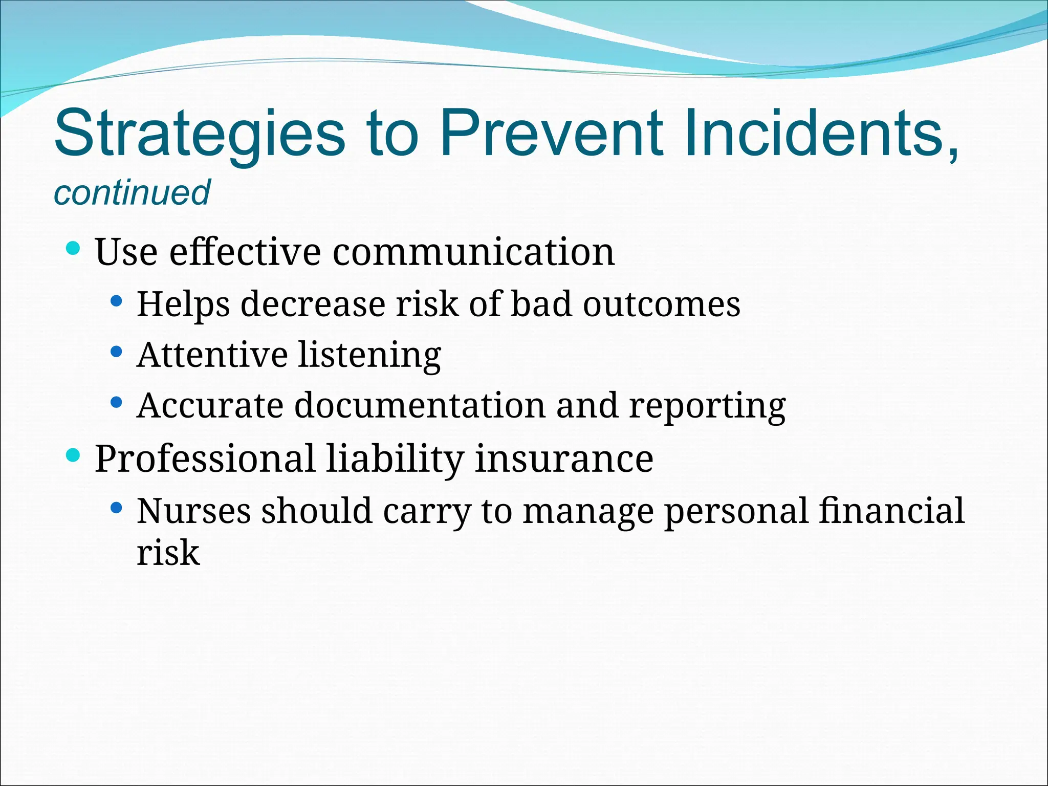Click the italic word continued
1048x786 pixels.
coord(132,193)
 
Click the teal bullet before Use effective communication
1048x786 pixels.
coord(74,249)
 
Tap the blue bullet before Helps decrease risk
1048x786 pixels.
coord(117,301)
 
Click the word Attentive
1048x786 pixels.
coord(212,354)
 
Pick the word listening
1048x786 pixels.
coord(369,356)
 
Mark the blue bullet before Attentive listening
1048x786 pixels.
coord(117,352)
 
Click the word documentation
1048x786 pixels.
coord(420,405)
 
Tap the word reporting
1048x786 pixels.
coord(707,407)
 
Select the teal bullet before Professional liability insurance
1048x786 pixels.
coord(74,454)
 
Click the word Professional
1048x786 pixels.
coord(205,458)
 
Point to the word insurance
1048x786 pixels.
coord(564,458)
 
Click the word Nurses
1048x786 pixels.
coord(193,511)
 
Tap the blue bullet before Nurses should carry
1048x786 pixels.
coord(117,508)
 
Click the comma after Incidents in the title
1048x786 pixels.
coord(952,154)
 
